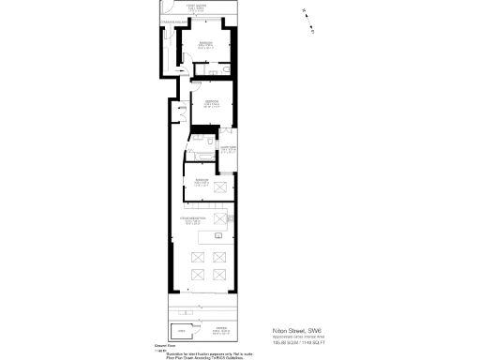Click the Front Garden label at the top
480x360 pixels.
point(196,7)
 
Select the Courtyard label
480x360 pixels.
point(227,149)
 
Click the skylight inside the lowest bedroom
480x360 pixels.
point(221,188)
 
